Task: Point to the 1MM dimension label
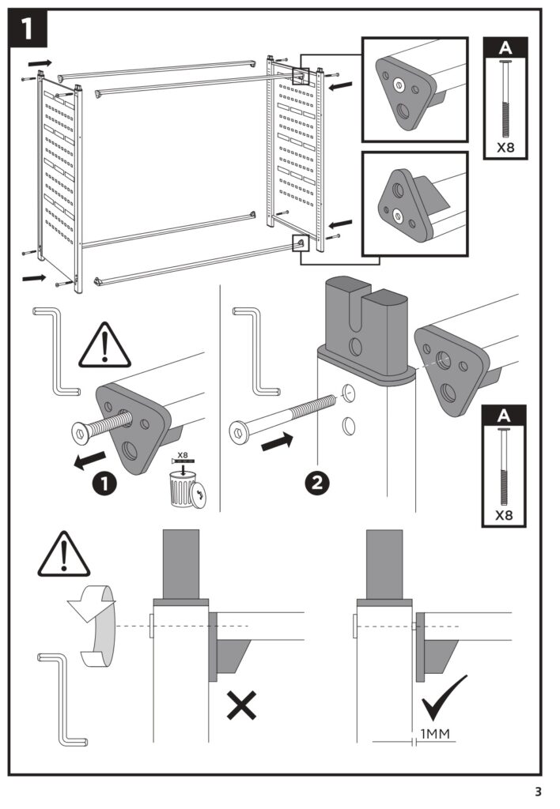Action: tap(434, 734)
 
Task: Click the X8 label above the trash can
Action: tap(183, 456)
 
